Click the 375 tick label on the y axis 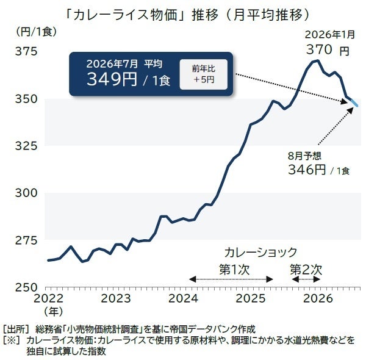26,51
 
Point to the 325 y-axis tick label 26,146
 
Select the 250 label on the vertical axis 26,287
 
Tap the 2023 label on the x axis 116,298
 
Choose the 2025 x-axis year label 251,298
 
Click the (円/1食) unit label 37,32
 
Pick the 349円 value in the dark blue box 112,79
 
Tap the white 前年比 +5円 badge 204,74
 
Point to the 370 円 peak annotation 328,50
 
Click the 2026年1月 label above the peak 330,35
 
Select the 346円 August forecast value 307,170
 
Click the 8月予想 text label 304,156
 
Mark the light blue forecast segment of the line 354,103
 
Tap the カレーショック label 260,252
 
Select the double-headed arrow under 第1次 231,279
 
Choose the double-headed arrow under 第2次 306,279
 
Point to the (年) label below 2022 53,311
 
